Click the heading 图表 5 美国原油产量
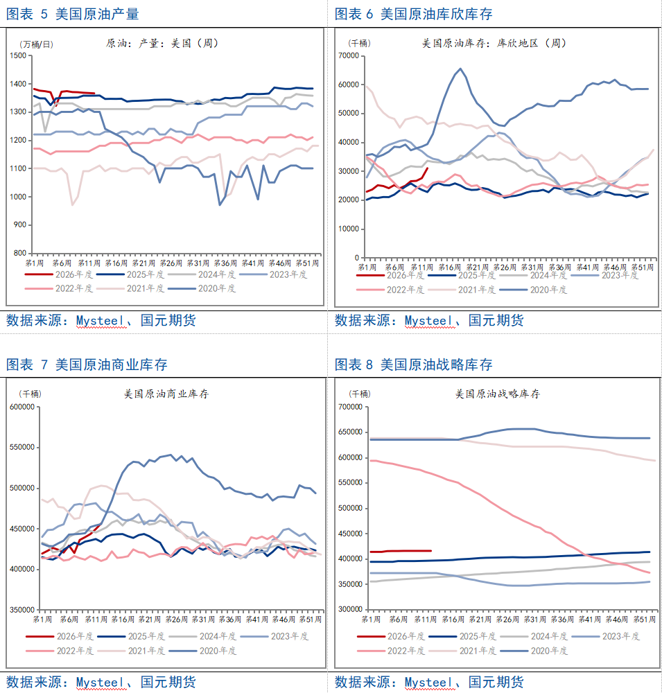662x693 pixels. [x=72, y=14]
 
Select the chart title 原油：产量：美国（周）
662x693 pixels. [x=162, y=43]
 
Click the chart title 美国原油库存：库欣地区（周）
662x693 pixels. [x=494, y=43]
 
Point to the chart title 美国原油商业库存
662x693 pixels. [x=166, y=394]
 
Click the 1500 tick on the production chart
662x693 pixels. [x=19, y=56]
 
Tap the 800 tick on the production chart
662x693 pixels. [x=21, y=254]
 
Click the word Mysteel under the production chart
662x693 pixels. [x=103, y=320]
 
